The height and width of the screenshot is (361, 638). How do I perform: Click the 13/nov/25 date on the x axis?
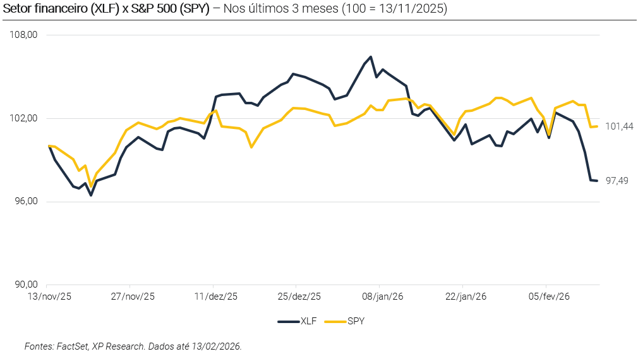(x=49, y=296)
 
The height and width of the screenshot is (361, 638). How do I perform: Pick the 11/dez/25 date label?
(x=215, y=296)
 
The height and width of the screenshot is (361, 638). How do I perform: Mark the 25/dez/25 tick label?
(x=299, y=296)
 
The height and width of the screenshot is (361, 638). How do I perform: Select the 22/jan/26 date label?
(x=465, y=296)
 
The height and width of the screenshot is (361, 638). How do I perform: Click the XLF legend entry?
(x=298, y=321)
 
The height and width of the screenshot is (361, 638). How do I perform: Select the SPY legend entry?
(x=345, y=321)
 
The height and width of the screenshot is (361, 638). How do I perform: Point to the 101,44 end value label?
(x=619, y=126)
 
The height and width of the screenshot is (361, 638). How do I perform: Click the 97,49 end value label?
(x=617, y=181)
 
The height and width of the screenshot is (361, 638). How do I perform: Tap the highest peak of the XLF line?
(x=371, y=57)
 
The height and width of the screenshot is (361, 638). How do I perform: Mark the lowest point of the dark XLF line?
(x=91, y=195)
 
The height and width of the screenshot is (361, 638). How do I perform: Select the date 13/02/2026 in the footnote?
(x=218, y=346)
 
